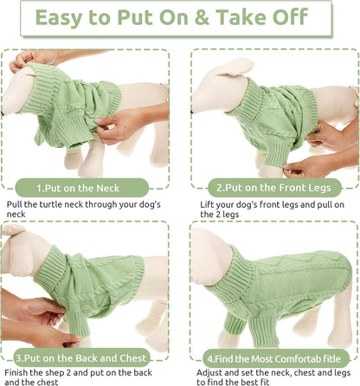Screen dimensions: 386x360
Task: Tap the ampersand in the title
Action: tap(228, 19)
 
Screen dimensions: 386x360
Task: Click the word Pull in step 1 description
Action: tap(16, 203)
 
